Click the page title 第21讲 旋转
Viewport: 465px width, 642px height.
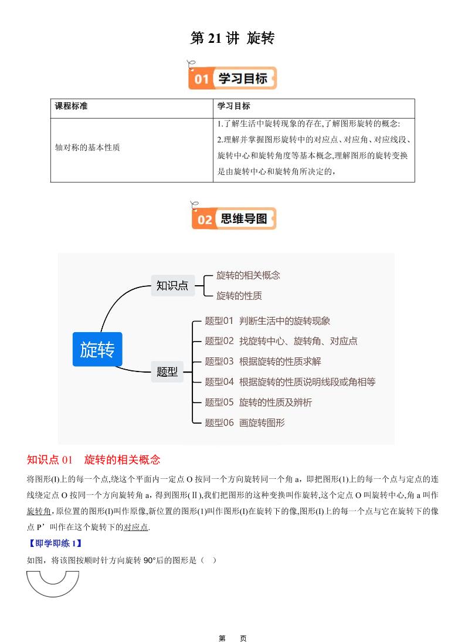[x=232, y=39]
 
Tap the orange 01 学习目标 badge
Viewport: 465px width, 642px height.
[x=233, y=78]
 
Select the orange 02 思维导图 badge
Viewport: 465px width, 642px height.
[x=233, y=219]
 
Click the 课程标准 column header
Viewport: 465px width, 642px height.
[x=72, y=106]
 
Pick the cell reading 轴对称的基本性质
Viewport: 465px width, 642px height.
[x=87, y=148]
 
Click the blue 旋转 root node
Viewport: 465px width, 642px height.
[x=97, y=349]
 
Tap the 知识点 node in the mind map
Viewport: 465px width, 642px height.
[x=172, y=286]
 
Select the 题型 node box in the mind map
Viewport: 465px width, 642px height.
[x=167, y=371]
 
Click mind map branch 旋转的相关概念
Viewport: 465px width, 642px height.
[x=248, y=275]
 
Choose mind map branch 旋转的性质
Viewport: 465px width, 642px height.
[x=239, y=296]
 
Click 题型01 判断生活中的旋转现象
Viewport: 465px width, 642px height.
[x=267, y=321]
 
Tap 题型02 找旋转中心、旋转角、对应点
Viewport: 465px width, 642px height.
[x=281, y=341]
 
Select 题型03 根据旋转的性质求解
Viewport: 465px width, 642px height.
[x=263, y=361]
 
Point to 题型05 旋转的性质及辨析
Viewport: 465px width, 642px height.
[x=258, y=402]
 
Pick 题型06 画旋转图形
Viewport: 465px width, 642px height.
[x=245, y=423]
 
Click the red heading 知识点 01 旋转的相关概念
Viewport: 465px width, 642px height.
[x=94, y=459]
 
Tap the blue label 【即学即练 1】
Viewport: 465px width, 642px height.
[x=55, y=543]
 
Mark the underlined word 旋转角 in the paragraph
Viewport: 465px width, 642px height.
[x=39, y=511]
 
